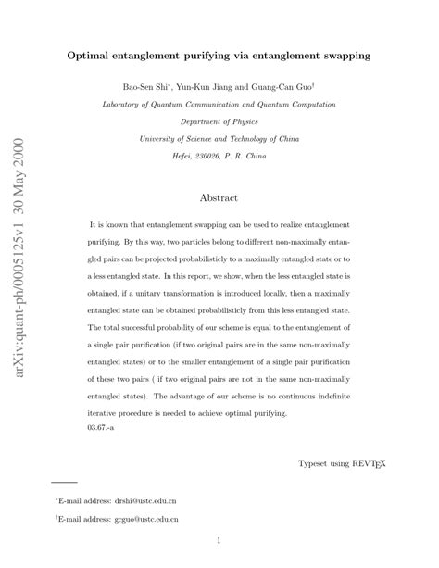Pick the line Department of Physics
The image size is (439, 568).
point(219,122)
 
